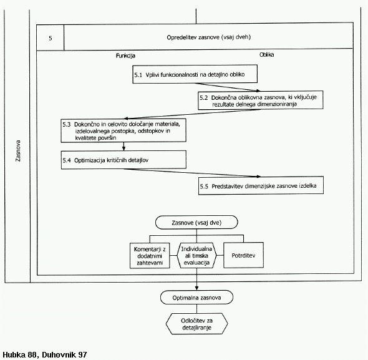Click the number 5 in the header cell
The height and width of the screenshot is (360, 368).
point(51,38)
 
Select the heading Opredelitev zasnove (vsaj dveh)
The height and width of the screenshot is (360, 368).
point(209,37)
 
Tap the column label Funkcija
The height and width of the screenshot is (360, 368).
point(125,56)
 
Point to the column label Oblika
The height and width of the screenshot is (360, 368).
point(266,55)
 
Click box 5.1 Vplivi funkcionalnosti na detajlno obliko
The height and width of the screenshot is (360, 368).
point(195,74)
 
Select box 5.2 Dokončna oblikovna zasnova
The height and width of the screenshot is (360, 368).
point(261,100)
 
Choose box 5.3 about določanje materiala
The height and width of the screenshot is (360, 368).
point(123,130)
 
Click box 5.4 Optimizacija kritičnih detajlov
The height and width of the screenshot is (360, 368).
point(123,160)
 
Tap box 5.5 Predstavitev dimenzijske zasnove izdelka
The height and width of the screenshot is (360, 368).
point(261,185)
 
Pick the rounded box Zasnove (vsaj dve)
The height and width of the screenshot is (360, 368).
point(196,222)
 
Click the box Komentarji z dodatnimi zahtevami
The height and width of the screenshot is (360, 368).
point(150,256)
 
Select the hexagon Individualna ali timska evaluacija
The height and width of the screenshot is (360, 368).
point(196,256)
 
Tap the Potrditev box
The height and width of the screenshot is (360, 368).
point(243,255)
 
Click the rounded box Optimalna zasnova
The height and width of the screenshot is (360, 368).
point(196,298)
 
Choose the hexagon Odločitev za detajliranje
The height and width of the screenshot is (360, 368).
point(196,324)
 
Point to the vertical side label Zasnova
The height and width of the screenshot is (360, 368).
point(18,151)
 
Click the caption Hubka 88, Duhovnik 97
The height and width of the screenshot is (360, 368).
point(44,354)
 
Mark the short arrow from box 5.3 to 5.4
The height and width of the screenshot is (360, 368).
point(123,146)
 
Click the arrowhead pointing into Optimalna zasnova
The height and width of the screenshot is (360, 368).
point(196,288)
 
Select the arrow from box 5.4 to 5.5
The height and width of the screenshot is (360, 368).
point(192,173)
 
